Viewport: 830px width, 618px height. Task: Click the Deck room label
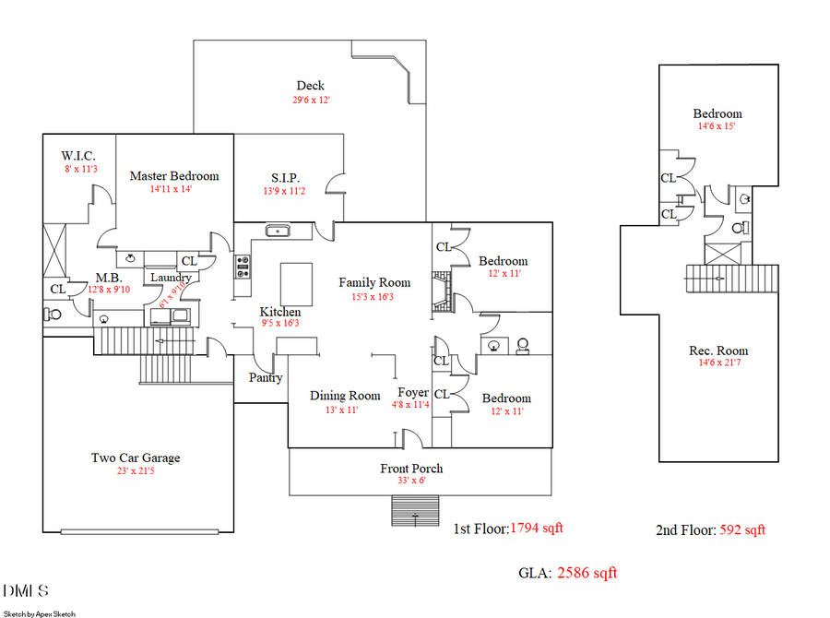pos(310,86)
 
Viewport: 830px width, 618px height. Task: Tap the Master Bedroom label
pos(174,176)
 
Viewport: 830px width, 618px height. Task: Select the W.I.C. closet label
pos(79,155)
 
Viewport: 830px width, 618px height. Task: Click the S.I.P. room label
pos(285,178)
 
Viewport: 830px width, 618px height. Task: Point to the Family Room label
pos(373,283)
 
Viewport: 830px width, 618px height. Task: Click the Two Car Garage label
pos(136,458)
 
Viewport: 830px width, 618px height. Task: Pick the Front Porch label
pos(411,469)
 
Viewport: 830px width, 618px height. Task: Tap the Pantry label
pos(266,378)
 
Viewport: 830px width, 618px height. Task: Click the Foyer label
pos(412,392)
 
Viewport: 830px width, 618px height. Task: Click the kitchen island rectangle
pos(297,278)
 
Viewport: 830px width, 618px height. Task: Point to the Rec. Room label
pos(718,351)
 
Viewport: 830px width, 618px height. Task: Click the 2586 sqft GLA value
pos(587,574)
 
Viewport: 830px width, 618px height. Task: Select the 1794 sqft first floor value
pos(536,529)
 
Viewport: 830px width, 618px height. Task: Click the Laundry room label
pos(171,278)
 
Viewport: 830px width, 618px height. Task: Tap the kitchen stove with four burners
pos(243,267)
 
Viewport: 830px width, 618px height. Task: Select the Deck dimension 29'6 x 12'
pos(312,100)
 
